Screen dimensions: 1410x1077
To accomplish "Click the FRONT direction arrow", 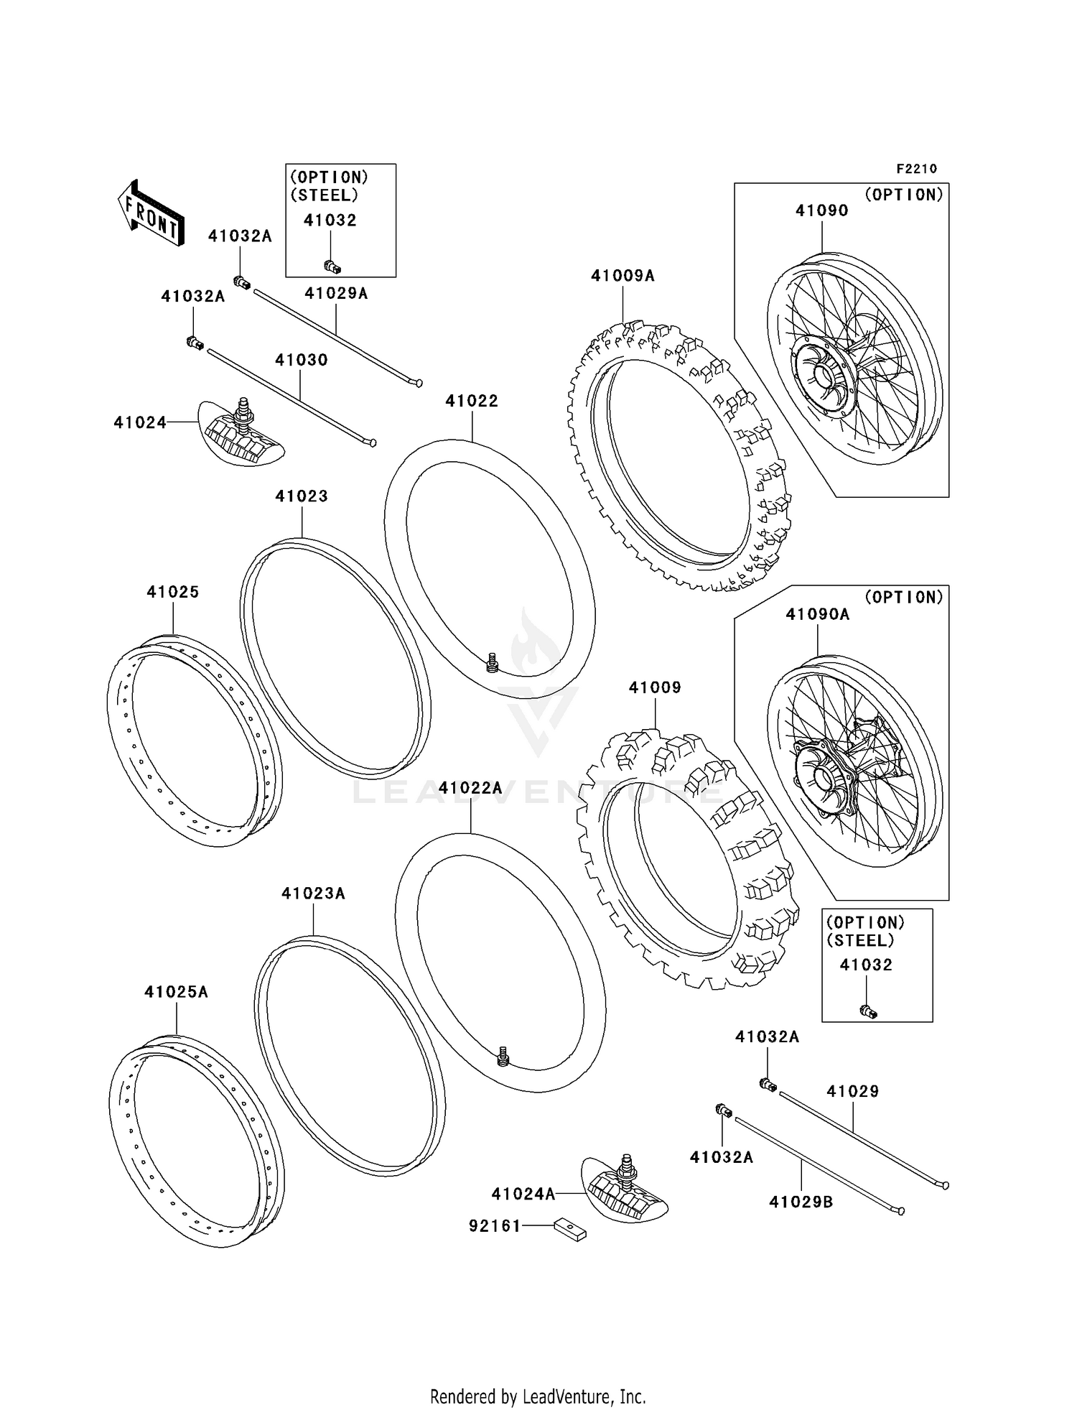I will pyautogui.click(x=151, y=213).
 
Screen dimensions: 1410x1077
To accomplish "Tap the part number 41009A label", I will pyautogui.click(x=623, y=276).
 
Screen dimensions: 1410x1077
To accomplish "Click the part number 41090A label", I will pyautogui.click(x=817, y=614).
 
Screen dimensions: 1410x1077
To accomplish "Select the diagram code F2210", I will pyautogui.click(x=916, y=169).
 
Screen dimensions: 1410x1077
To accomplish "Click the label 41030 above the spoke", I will pyautogui.click(x=301, y=360).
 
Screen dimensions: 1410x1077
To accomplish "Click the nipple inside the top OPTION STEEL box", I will pyautogui.click(x=332, y=266).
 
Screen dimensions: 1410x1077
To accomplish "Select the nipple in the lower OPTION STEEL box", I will pyautogui.click(x=868, y=1011).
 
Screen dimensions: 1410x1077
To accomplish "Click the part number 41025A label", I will pyautogui.click(x=176, y=992).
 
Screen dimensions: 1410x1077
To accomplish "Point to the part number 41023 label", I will pyautogui.click(x=301, y=496).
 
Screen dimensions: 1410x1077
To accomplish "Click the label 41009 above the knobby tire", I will pyautogui.click(x=655, y=687).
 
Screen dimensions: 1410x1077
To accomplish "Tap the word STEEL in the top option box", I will pyautogui.click(x=323, y=195).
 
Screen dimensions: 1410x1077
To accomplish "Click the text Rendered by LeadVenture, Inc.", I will pyautogui.click(x=538, y=1396).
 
